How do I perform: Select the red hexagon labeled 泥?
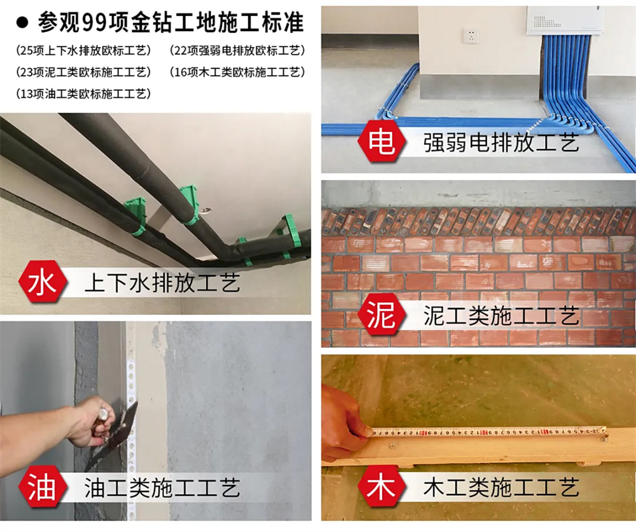point(382,315)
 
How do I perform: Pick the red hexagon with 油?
point(43,487)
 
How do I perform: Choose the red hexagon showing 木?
point(382,487)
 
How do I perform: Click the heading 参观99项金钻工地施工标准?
point(170,22)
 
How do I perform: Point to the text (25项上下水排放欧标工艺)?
point(83,50)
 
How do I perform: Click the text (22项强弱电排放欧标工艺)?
point(237,50)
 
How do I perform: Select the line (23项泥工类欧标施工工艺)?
point(83,72)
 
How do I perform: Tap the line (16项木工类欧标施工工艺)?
point(237,72)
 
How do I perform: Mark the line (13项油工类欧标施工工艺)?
point(83,94)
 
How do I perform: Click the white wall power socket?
point(471,36)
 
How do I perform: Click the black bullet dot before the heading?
point(22,23)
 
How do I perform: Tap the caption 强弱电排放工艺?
point(501,143)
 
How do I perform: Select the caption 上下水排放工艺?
point(162,283)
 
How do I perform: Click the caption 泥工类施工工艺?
point(501,316)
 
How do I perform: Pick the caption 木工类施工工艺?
point(501,488)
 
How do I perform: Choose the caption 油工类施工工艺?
point(162,488)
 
